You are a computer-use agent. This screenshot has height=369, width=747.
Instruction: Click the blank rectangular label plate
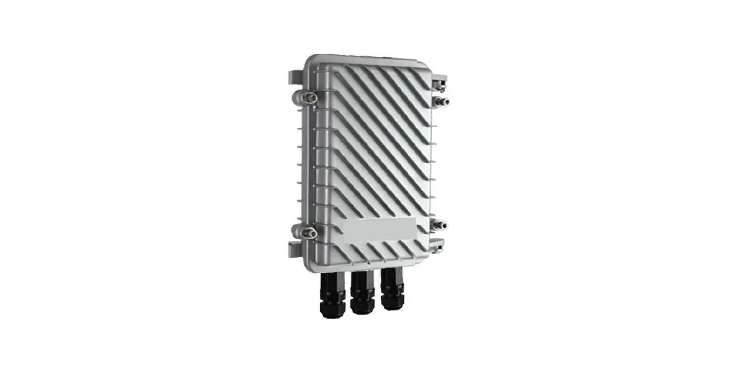pos(380,229)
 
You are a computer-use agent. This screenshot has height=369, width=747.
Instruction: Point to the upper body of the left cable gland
pos(332,282)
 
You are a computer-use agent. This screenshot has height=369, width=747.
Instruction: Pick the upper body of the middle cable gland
pos(362,280)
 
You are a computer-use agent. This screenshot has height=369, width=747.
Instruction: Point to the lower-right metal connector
pos(440,224)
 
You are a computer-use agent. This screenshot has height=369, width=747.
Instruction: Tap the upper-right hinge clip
pos(439,81)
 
